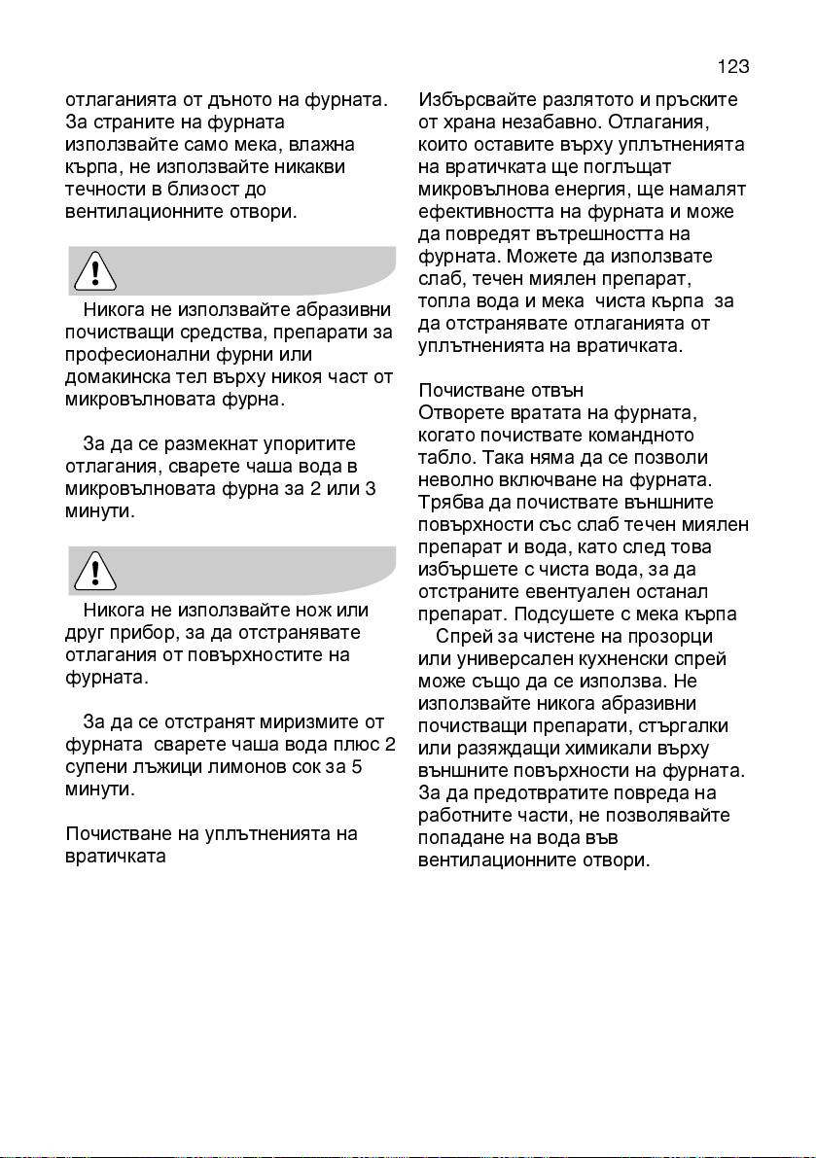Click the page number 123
(x=733, y=67)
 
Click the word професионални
(x=132, y=355)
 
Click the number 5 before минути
(x=358, y=767)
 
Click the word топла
(x=443, y=301)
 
